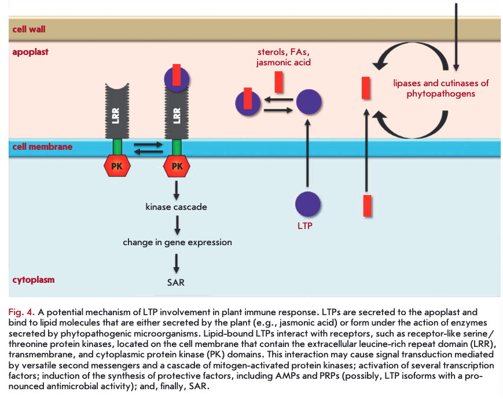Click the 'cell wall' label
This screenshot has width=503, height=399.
(x=29, y=29)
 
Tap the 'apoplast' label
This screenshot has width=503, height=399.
(x=31, y=52)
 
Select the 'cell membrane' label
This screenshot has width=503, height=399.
(x=42, y=147)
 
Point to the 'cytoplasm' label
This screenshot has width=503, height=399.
(x=34, y=280)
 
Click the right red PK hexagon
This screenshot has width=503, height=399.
(x=177, y=167)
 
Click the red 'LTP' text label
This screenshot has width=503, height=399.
(x=304, y=226)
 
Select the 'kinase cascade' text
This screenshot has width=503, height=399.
(x=176, y=206)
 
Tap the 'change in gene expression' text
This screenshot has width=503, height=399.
(x=177, y=242)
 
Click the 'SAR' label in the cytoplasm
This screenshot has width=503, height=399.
(x=176, y=283)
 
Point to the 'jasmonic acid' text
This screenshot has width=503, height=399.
(x=284, y=62)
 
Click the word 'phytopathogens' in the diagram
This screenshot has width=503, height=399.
(x=441, y=93)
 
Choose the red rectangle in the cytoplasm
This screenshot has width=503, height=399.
(x=366, y=205)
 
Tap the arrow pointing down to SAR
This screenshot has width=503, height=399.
(x=177, y=262)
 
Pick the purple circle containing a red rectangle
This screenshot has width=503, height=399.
(x=248, y=104)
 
